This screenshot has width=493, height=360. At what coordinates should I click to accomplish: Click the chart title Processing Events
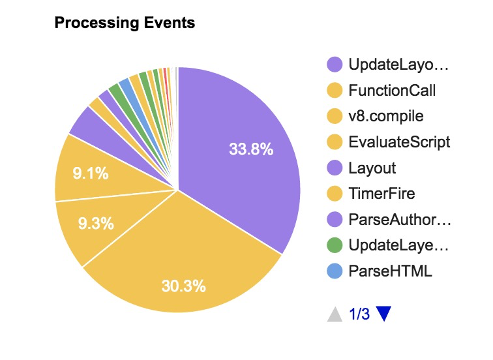click(125, 23)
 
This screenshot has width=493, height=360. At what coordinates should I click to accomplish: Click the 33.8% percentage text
click(251, 149)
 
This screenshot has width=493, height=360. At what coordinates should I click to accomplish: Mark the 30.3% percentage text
click(184, 286)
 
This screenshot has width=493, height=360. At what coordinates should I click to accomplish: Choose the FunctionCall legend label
click(392, 91)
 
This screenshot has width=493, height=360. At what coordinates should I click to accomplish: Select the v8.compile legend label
click(386, 117)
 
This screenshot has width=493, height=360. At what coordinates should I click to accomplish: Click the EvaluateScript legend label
click(399, 142)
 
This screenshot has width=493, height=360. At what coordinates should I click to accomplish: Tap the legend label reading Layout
click(372, 168)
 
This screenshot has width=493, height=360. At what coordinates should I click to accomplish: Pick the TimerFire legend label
click(381, 194)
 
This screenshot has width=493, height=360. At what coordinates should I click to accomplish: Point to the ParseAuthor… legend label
click(400, 220)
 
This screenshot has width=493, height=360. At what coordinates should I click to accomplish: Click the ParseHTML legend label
click(390, 271)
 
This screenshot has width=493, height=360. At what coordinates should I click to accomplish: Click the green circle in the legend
click(335, 246)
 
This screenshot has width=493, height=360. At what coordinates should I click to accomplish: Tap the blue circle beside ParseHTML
click(335, 271)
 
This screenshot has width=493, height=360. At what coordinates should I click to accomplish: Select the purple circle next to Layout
click(335, 168)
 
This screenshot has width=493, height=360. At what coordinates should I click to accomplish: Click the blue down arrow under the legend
click(383, 314)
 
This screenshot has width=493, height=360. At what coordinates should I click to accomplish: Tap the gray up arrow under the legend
click(335, 314)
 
